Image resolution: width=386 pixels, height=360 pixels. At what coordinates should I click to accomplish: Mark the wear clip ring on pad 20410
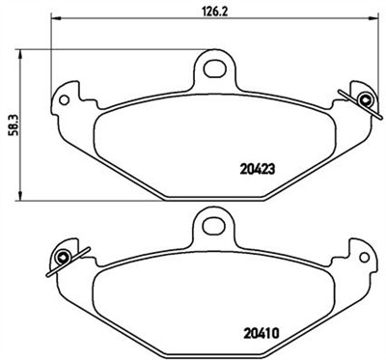(62, 257)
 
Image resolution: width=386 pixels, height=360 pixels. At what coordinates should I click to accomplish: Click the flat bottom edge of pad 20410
(212, 350)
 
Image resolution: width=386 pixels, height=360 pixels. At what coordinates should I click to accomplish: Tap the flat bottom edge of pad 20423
(212, 191)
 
